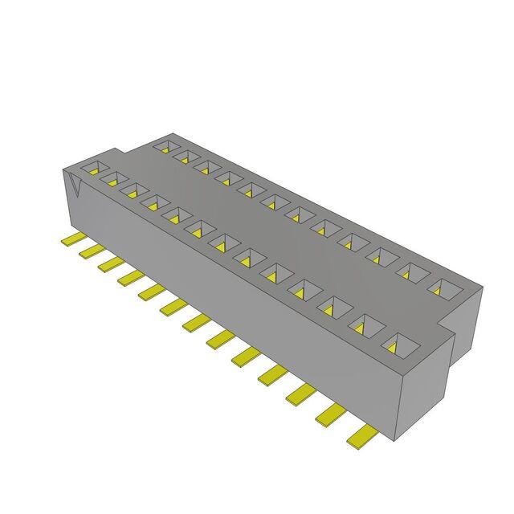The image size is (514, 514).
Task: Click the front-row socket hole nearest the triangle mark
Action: tap(92, 169)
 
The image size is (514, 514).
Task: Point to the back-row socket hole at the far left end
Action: tap(165, 147)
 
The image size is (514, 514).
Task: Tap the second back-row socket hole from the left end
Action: tap(186, 156)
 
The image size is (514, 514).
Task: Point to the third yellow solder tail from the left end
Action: tap(110, 264)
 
